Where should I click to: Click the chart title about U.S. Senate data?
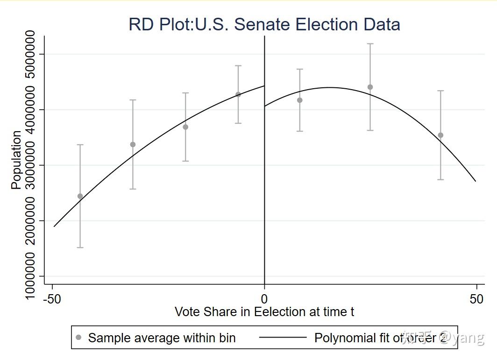point(264,24)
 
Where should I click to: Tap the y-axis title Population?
point(16,160)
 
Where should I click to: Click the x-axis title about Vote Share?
point(264,311)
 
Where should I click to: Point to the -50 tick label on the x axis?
point(52,299)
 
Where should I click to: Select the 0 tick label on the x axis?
point(264,299)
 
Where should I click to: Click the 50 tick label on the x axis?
point(476,299)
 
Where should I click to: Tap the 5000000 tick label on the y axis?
point(30,54)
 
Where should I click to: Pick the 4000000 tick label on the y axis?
point(30,110)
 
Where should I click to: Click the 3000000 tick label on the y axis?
point(30,165)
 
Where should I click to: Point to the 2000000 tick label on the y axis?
point(30,221)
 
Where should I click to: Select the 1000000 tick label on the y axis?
point(30,276)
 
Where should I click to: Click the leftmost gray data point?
point(80,196)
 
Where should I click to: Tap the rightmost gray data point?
point(440,135)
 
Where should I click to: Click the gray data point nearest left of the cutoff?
point(238,94)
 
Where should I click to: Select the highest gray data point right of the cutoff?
point(370,87)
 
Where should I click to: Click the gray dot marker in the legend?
point(78,338)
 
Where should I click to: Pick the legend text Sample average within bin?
point(162,338)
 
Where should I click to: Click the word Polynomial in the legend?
point(343,338)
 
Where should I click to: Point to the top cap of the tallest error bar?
point(370,44)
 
